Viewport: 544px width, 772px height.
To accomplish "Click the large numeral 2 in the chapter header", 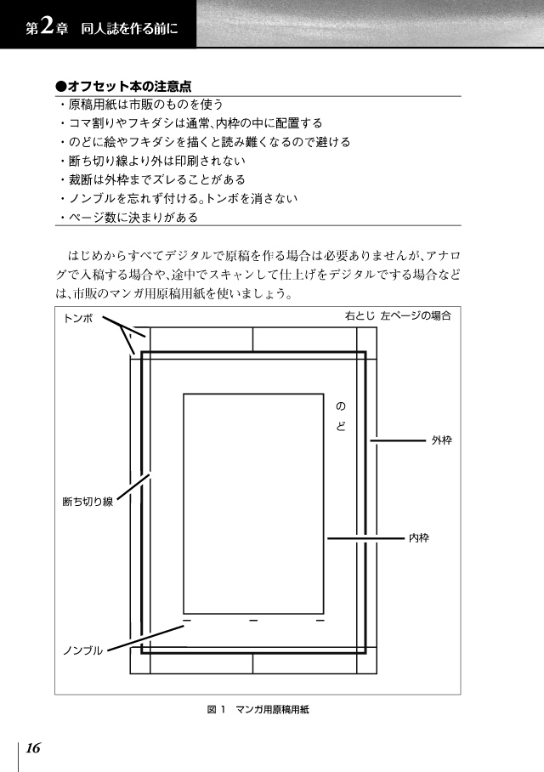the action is point(47,26).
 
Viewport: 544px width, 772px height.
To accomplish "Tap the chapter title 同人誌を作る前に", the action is point(129,29).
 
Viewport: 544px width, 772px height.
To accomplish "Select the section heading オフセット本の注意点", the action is point(123,87).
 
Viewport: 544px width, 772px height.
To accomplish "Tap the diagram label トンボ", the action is point(78,319).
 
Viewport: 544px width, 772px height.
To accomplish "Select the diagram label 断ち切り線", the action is point(88,502).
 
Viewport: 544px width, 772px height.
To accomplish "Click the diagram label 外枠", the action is point(442,440).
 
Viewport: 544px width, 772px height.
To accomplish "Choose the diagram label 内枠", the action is point(419,538).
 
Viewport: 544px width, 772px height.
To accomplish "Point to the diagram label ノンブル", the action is point(82,650).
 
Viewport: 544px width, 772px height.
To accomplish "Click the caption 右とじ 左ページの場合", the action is point(398,315).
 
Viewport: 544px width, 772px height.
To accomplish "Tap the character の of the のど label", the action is point(341,406).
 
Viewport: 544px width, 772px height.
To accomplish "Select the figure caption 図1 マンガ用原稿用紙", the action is point(258,709).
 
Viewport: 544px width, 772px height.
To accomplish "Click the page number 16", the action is point(33,748).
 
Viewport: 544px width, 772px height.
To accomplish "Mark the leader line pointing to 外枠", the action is point(398,440).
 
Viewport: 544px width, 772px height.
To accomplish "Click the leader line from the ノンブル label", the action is point(145,638).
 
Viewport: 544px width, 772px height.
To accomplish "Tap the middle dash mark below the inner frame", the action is point(253,621).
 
